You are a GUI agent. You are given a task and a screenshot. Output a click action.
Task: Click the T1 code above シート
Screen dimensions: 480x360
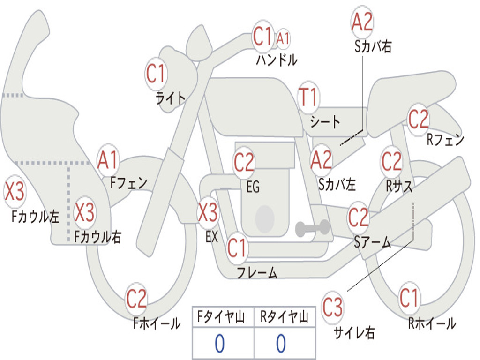pyautogui.click(x=308, y=97)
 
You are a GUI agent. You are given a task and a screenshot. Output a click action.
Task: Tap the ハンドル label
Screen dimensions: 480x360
pyautogui.click(x=277, y=60)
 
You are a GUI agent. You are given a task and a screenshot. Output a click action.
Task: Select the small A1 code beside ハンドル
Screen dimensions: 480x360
pyautogui.click(x=283, y=38)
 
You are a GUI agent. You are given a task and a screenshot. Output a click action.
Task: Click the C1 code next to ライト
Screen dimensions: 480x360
pyautogui.click(x=156, y=74)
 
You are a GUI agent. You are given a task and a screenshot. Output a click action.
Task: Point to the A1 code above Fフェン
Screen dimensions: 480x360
pyautogui.click(x=108, y=159)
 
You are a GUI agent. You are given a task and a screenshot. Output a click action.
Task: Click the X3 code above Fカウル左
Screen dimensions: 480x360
pyautogui.click(x=14, y=193)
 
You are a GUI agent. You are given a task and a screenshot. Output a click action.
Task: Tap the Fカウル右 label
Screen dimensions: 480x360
pyautogui.click(x=97, y=237)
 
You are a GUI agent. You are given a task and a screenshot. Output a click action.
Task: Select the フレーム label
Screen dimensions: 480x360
pyautogui.click(x=256, y=273)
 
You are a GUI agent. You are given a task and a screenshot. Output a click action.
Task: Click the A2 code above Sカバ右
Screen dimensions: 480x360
pyautogui.click(x=362, y=22)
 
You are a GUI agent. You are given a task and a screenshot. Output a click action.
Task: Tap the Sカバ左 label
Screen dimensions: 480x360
pyautogui.click(x=337, y=184)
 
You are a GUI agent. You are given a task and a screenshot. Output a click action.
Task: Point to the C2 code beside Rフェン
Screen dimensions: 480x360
pyautogui.click(x=418, y=120)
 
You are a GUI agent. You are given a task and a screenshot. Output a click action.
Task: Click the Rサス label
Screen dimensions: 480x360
pyautogui.click(x=399, y=186)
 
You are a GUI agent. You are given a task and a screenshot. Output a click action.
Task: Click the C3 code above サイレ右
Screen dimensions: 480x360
pyautogui.click(x=332, y=308)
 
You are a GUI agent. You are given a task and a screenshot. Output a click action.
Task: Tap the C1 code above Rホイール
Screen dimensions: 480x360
pyautogui.click(x=409, y=298)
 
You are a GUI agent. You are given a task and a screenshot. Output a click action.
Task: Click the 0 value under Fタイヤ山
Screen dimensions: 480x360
pyautogui.click(x=219, y=344)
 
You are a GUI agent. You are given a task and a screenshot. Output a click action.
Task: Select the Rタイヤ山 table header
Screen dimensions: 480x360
pyautogui.click(x=284, y=317)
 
